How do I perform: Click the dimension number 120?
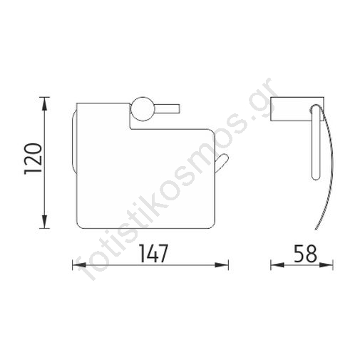[x=33, y=158]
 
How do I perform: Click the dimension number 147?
[x=154, y=253]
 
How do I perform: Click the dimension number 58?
[x=306, y=254]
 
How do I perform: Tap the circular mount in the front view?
[x=142, y=109]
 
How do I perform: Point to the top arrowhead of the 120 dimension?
[x=44, y=103]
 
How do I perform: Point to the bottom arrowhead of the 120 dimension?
[x=44, y=222]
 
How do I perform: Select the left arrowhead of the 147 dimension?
[x=79, y=264]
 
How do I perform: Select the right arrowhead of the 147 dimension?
[x=222, y=264]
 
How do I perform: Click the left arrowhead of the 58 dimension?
[x=277, y=264]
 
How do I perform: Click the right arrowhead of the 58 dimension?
[x=326, y=264]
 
